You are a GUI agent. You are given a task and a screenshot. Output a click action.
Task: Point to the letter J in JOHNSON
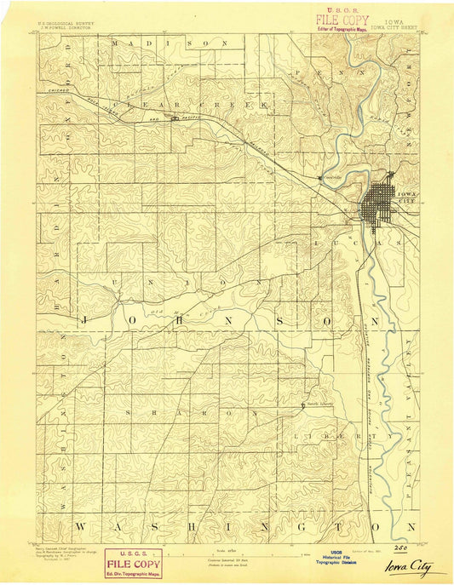83,320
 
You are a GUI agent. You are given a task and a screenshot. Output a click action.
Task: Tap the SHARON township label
173,412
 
